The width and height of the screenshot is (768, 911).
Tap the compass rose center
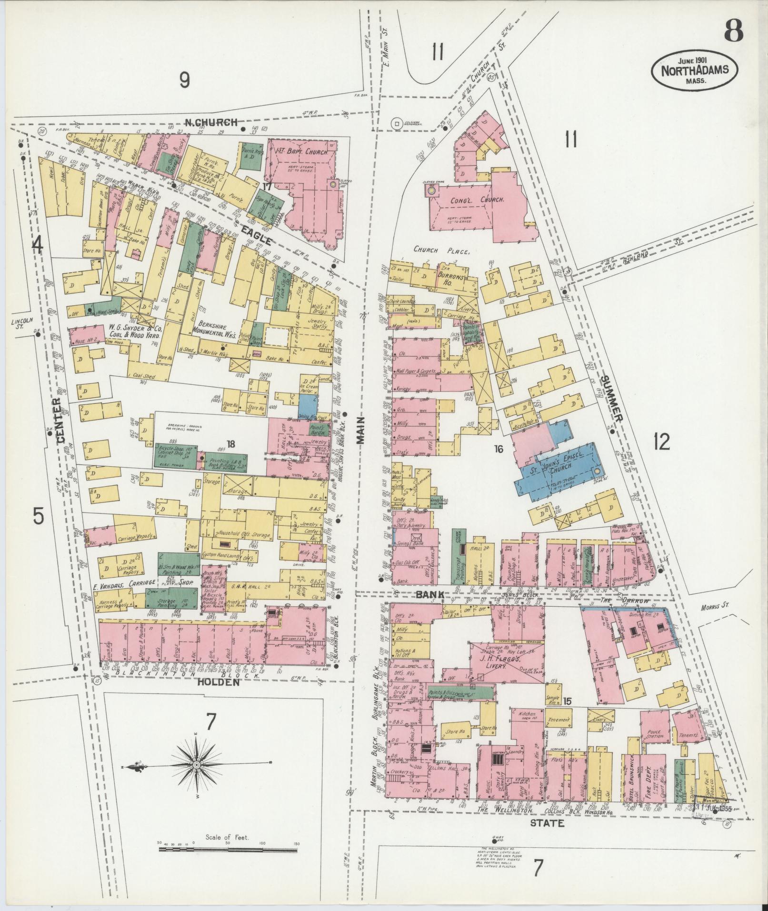[196, 765]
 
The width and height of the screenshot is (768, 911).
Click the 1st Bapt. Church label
[302, 152]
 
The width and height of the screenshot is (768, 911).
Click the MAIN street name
[361, 430]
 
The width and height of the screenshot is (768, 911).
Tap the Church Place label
[441, 249]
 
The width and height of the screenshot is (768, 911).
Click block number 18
[230, 444]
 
